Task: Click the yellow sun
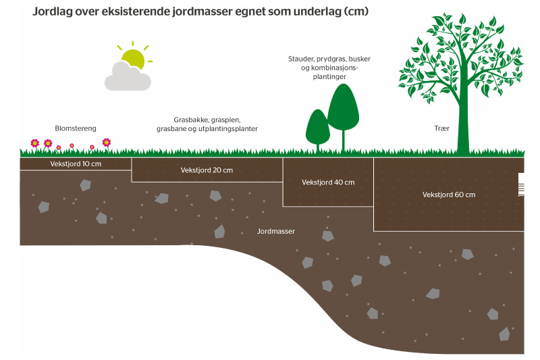[134, 58]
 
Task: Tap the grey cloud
[126, 77]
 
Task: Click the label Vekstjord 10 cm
[76, 163]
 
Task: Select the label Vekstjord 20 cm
[207, 170]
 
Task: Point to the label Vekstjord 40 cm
[328, 182]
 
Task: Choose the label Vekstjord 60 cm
[449, 195]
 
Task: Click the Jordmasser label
[276, 231]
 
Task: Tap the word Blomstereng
[76, 128]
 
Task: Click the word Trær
[443, 128]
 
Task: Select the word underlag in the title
[315, 13]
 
